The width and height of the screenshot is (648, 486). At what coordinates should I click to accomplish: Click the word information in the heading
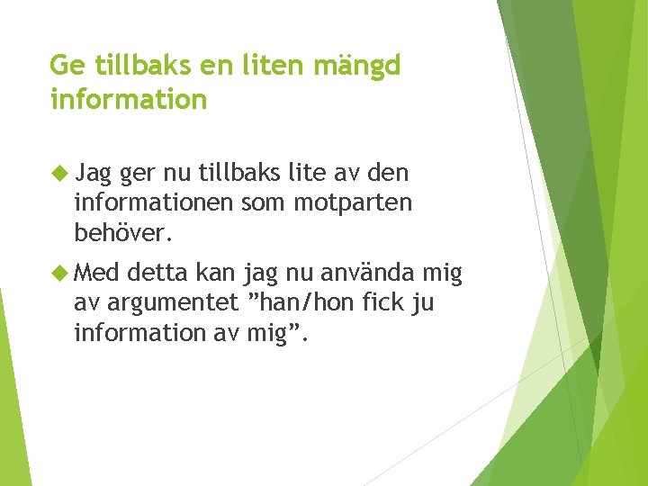coord(129,99)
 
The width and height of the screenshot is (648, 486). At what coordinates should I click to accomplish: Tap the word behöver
coord(121,233)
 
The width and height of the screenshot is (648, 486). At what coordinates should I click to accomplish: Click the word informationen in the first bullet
coord(155,203)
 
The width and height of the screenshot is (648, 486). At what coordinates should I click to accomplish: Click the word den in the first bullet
coord(390,173)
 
